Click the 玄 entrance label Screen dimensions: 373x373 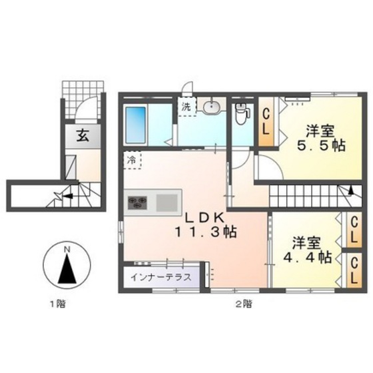pos(83,136)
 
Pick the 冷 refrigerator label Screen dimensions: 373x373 pos(132,160)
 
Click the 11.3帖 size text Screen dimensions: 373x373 pos(207,233)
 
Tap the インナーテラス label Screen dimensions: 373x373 pos(161,276)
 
